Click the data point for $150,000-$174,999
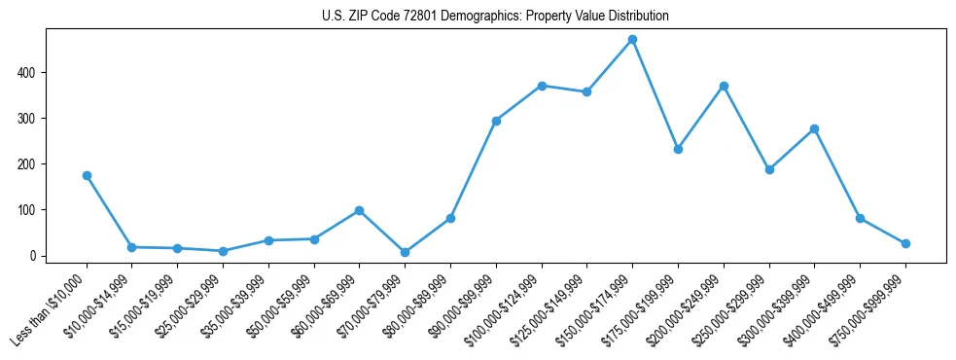pos(632,40)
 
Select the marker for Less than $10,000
pos(87,175)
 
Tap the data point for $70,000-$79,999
pos(405,252)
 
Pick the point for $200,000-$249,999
pos(724,87)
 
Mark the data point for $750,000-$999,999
pos(905,243)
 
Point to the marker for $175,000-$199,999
pos(678,149)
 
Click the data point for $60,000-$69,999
pos(360,210)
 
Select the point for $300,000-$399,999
pos(814,128)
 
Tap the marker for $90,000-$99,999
pos(496,121)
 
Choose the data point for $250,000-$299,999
pos(769,169)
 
